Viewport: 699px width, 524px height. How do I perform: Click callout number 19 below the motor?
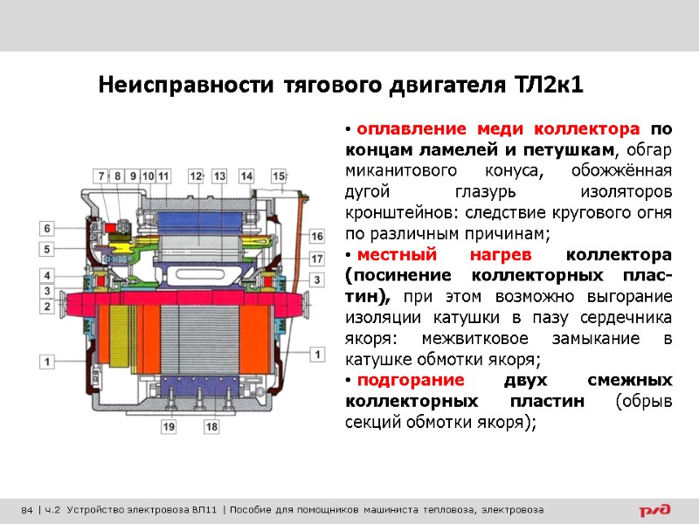pyautogui.click(x=168, y=426)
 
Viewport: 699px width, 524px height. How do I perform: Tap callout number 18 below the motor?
pyautogui.click(x=211, y=426)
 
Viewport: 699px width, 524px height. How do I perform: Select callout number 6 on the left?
pyautogui.click(x=49, y=229)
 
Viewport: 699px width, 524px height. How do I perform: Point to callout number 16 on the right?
pyautogui.click(x=316, y=237)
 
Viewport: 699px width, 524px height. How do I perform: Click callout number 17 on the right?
pyautogui.click(x=316, y=259)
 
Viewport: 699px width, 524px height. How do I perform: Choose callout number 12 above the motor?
pyautogui.click(x=195, y=176)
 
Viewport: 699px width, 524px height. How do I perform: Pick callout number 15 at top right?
pyautogui.click(x=279, y=176)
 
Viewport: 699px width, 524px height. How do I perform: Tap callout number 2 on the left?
pyautogui.click(x=49, y=307)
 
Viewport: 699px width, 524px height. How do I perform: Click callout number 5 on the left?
pyautogui.click(x=49, y=250)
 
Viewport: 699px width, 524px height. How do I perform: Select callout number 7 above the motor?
pyautogui.click(x=101, y=176)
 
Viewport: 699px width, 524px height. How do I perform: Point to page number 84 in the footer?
pyautogui.click(x=27, y=510)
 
